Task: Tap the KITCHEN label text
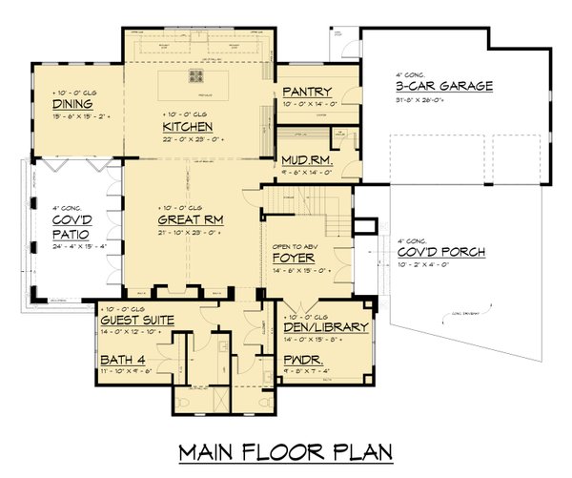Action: click(186, 126)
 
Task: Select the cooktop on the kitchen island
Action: click(200, 77)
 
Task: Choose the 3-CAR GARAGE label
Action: click(444, 86)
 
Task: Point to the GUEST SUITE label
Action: click(136, 321)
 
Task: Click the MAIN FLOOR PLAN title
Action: click(285, 450)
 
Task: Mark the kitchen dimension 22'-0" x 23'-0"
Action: click(187, 138)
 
